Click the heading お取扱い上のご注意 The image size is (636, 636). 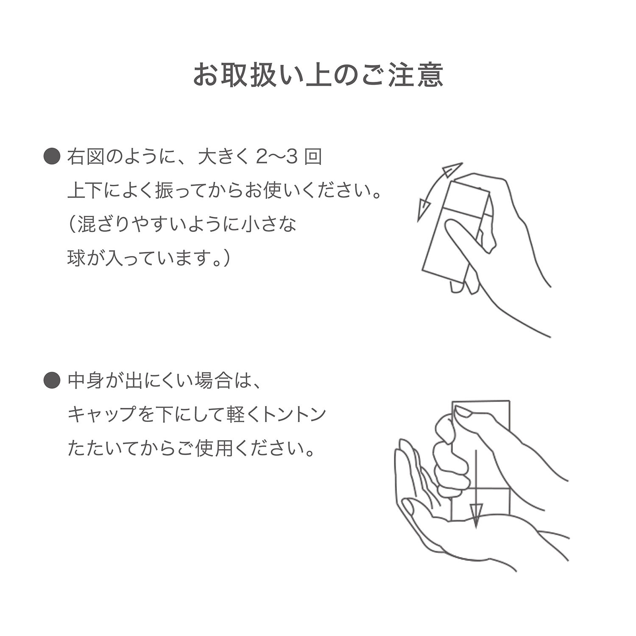[318, 75]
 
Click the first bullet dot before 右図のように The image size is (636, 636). [52, 157]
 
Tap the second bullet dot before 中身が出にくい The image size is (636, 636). [52, 380]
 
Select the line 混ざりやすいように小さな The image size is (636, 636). [182, 224]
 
